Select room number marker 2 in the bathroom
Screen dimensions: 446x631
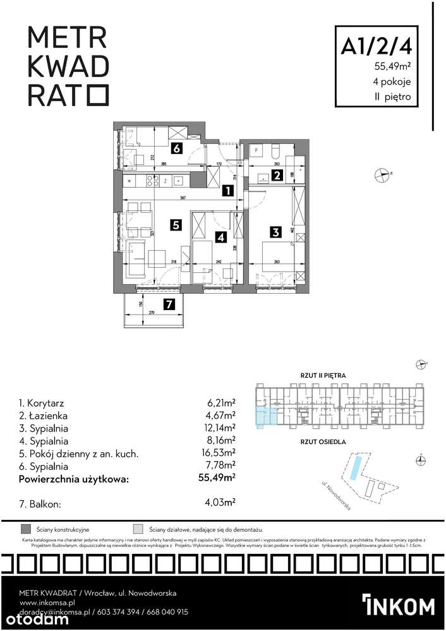(277, 176)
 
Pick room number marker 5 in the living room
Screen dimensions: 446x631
(176, 224)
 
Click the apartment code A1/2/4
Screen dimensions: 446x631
(377, 46)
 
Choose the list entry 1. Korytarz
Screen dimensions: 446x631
(42, 403)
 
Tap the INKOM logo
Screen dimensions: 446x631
(399, 604)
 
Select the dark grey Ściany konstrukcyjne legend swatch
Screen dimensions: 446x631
(26, 529)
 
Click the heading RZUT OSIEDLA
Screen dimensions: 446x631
(323, 443)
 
